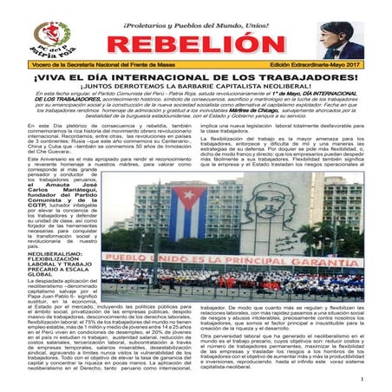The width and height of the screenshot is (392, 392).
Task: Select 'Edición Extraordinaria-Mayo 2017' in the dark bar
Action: [x=323, y=65]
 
